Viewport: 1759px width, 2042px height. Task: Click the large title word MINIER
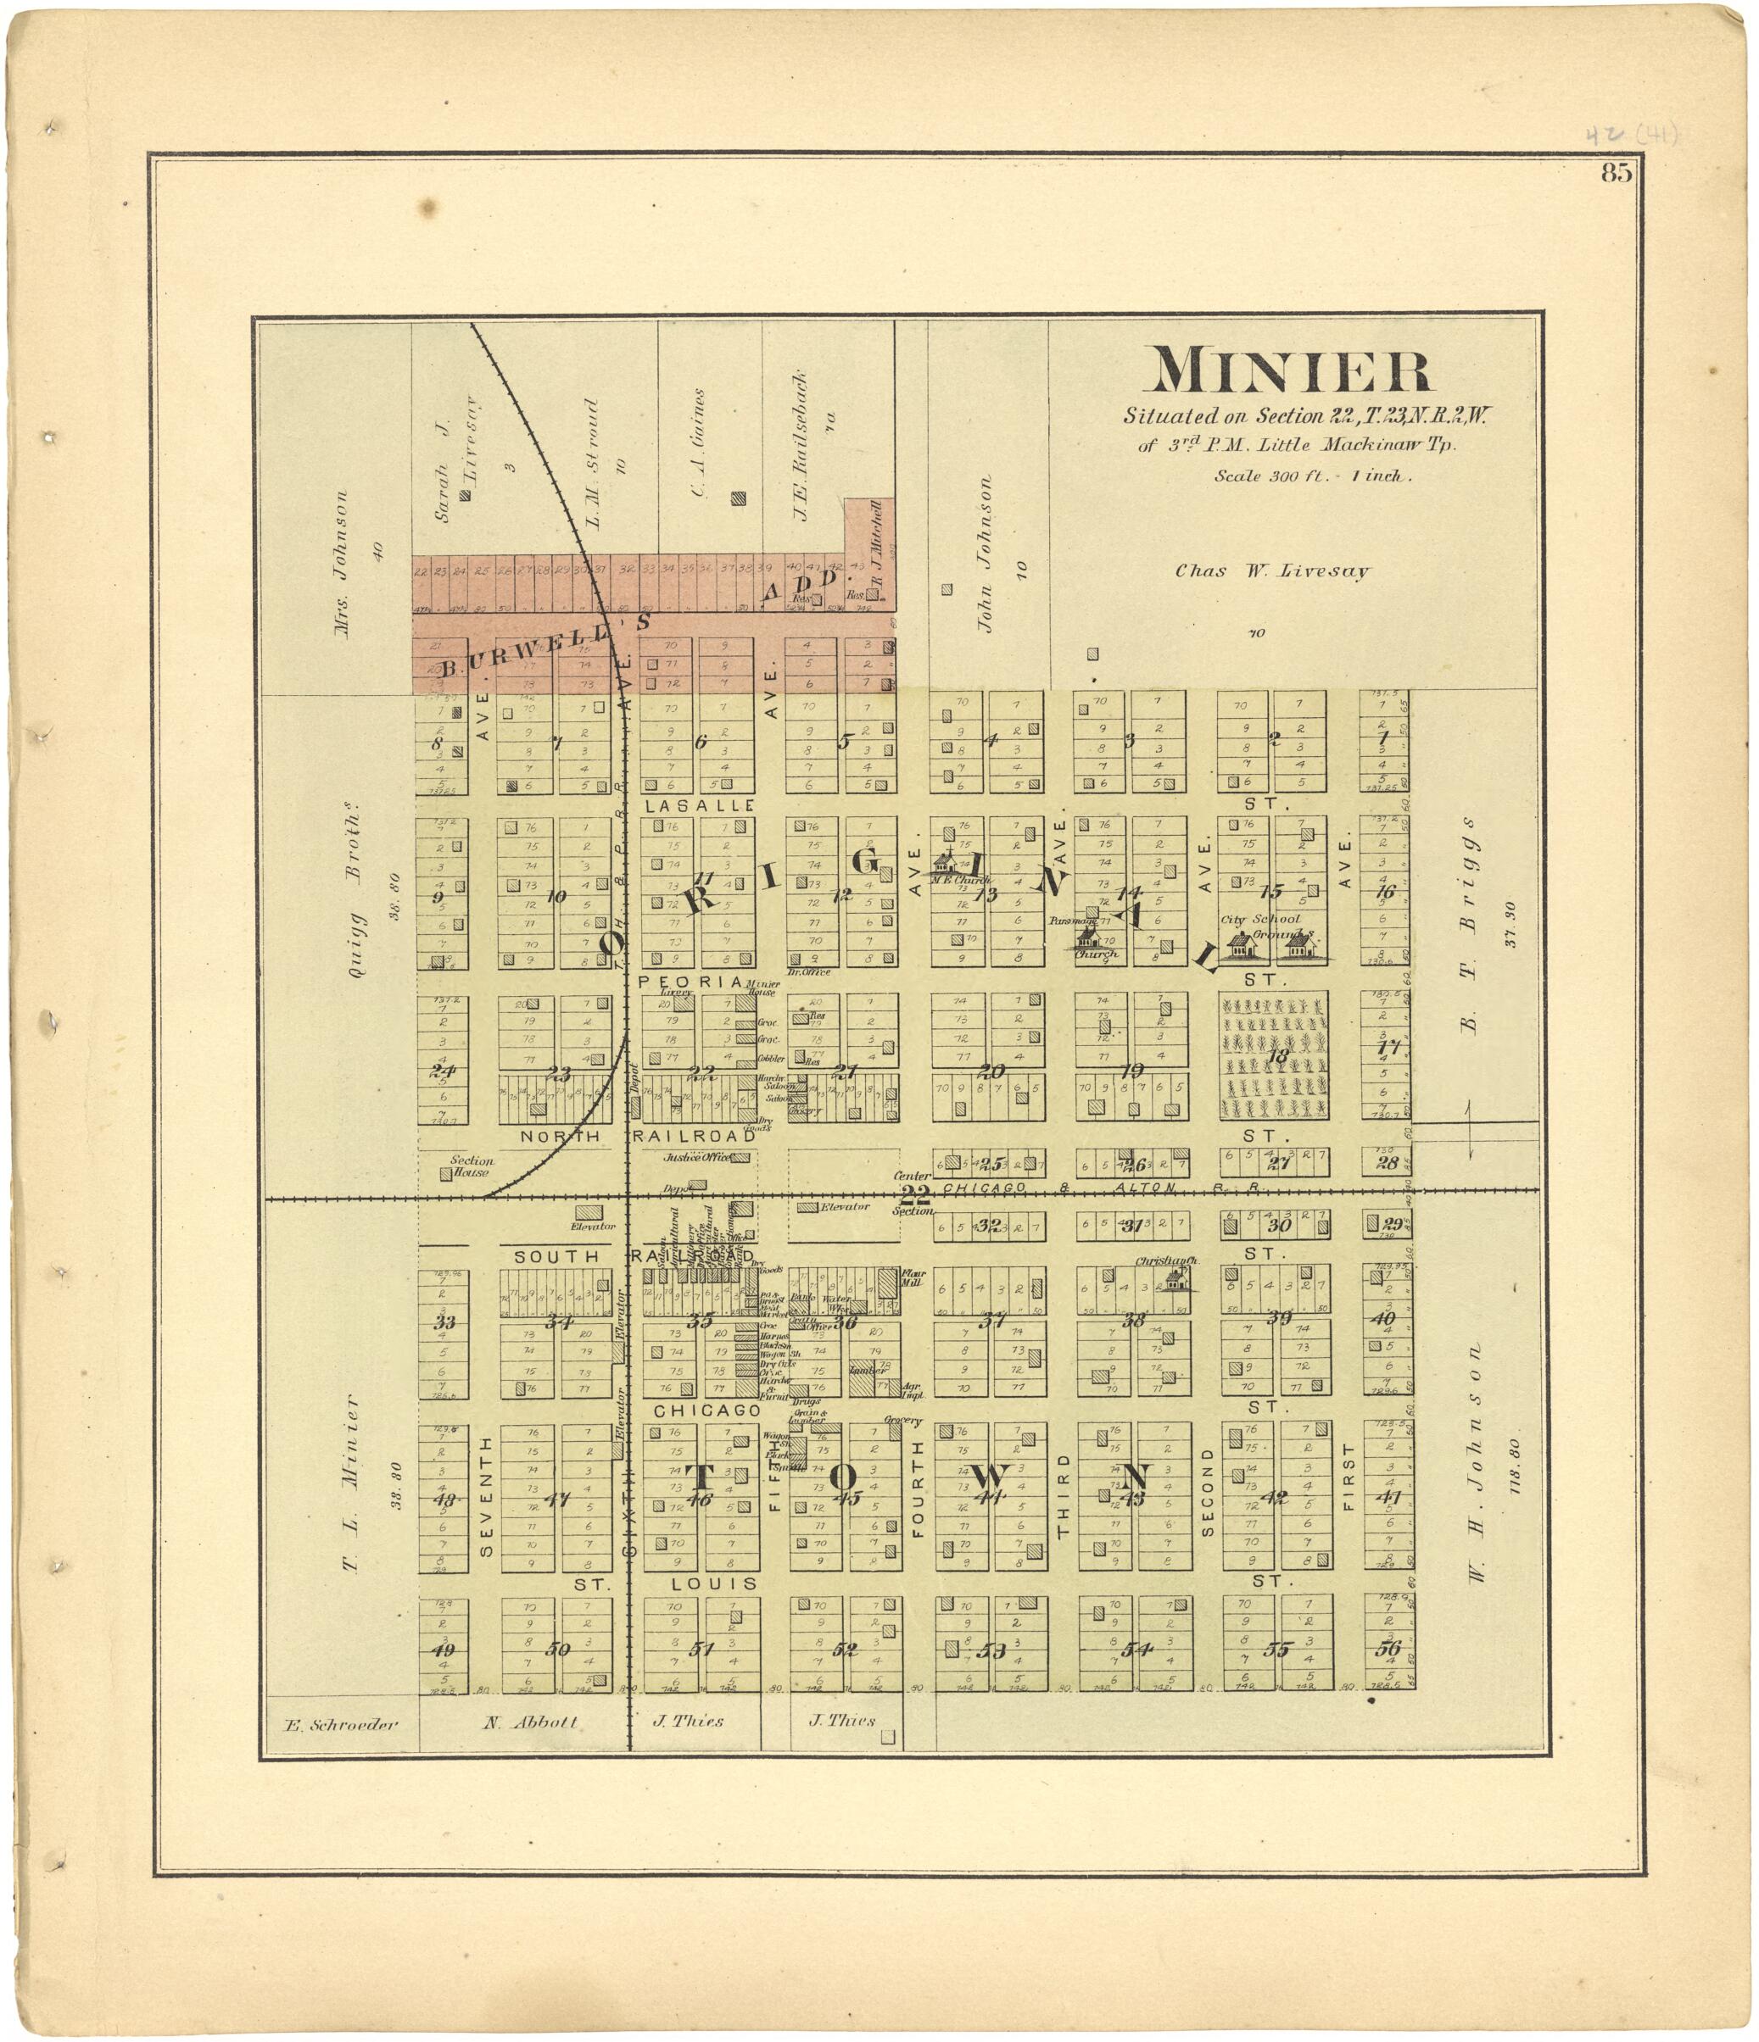[1292, 371]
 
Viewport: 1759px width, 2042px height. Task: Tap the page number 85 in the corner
[1616, 174]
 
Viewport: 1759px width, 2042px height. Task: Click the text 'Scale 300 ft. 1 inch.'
[1312, 476]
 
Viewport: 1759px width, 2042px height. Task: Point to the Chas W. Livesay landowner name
[1272, 570]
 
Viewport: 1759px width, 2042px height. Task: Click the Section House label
[471, 1167]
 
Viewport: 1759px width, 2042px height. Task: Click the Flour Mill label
[912, 1279]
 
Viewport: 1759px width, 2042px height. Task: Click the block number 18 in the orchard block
[1278, 1056]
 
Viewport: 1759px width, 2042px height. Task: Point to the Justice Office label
[696, 1158]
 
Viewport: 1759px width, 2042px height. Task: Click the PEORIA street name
[690, 982]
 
